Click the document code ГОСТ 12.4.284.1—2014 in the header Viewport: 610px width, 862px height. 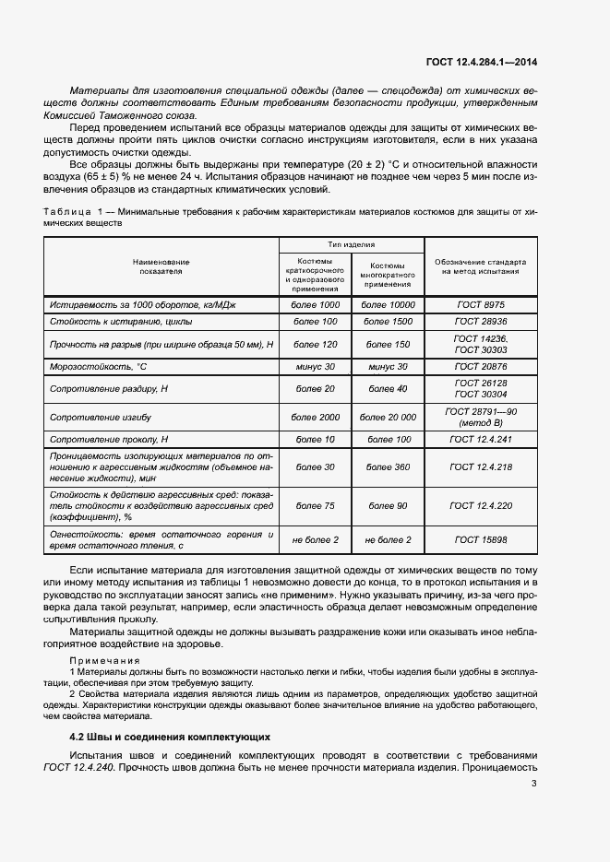point(481,63)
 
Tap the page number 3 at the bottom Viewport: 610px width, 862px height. point(534,785)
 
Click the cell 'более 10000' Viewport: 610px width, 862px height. point(388,304)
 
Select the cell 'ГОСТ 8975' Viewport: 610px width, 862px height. point(481,304)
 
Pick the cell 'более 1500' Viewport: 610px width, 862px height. point(388,322)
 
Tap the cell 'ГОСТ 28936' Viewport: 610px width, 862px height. point(481,322)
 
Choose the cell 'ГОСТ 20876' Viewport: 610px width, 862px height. point(481,367)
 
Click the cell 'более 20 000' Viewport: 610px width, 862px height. point(388,418)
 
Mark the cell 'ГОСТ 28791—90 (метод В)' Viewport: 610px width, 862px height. point(481,418)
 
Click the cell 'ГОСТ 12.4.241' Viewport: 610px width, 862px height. point(481,440)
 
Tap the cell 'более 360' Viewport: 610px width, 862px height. point(388,467)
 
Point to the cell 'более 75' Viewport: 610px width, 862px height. point(316,506)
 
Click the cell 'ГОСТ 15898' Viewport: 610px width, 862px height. point(481,539)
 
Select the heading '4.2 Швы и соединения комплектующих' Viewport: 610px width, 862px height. point(170,738)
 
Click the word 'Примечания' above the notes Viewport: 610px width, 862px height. point(104,661)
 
